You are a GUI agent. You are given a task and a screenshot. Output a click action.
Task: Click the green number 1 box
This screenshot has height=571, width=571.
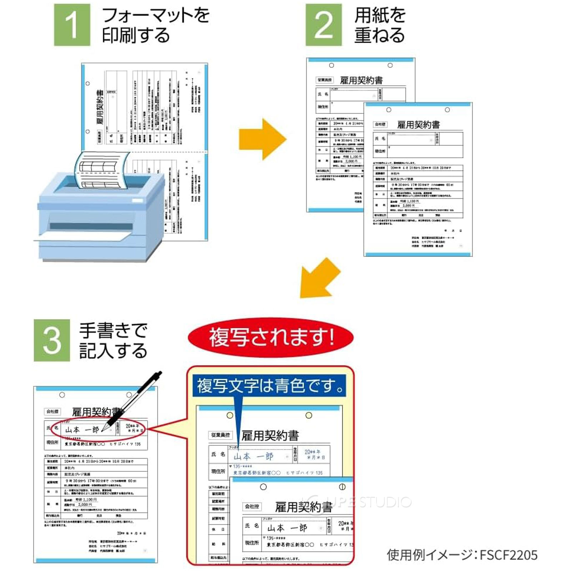click(x=72, y=25)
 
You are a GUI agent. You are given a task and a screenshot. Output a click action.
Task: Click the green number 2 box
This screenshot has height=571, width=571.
click(x=323, y=25)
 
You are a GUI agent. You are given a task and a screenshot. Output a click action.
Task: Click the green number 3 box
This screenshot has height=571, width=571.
click(x=52, y=340)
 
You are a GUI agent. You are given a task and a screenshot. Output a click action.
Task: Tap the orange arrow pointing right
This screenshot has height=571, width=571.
click(x=263, y=139)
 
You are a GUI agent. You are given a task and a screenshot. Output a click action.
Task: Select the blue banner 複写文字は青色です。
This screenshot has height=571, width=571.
click(x=269, y=386)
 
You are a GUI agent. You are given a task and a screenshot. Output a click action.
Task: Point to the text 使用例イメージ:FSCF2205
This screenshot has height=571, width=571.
click(x=462, y=555)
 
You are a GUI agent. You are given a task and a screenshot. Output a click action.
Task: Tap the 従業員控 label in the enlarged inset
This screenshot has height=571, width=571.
click(x=221, y=435)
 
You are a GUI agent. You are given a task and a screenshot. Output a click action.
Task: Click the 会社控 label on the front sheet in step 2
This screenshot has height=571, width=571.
click(x=380, y=125)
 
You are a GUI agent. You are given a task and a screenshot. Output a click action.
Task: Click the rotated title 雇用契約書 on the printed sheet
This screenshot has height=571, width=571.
click(x=100, y=107)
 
